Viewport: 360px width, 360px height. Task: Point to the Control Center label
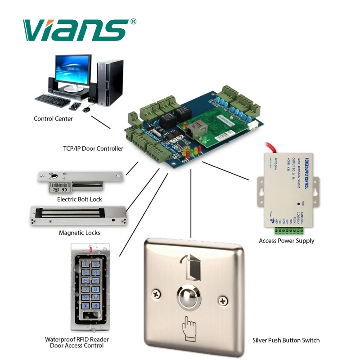point(53,119)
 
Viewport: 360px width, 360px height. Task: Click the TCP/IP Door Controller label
point(93,148)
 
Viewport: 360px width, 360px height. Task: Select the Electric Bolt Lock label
point(80,199)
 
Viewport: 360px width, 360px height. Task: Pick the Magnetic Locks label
point(80,233)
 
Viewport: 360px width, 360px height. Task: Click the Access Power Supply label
point(287,241)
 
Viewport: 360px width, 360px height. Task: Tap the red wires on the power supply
point(275,148)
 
